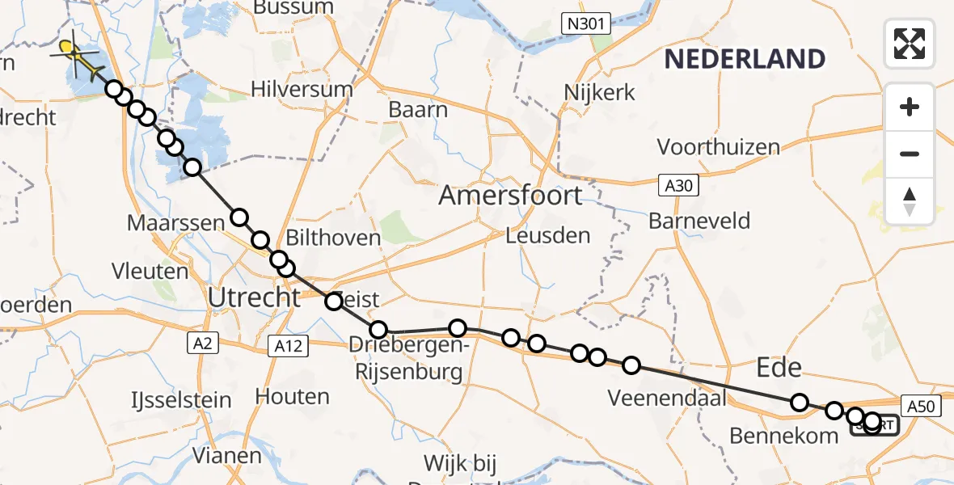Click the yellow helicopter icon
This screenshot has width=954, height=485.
pyautogui.click(x=78, y=57)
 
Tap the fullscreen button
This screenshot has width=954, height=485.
pyautogui.click(x=910, y=43)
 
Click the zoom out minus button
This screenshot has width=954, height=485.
pyautogui.click(x=910, y=154)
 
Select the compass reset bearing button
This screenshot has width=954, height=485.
pyautogui.click(x=910, y=200)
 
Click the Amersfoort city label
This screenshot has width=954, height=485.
pyautogui.click(x=510, y=196)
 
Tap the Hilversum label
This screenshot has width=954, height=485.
pyautogui.click(x=302, y=89)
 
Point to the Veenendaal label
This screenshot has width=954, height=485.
pyautogui.click(x=666, y=398)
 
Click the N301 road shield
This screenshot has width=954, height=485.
pyautogui.click(x=585, y=24)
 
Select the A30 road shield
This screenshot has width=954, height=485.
pyautogui.click(x=678, y=186)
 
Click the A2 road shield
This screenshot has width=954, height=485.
pyautogui.click(x=201, y=344)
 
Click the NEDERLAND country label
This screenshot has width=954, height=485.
pyautogui.click(x=745, y=59)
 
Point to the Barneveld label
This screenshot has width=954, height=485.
pyautogui.click(x=699, y=221)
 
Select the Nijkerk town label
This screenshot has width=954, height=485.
pyautogui.click(x=600, y=92)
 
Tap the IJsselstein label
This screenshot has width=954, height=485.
pyautogui.click(x=181, y=399)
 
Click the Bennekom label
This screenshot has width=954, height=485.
pyautogui.click(x=783, y=436)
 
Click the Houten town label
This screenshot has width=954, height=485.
pyautogui.click(x=292, y=397)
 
